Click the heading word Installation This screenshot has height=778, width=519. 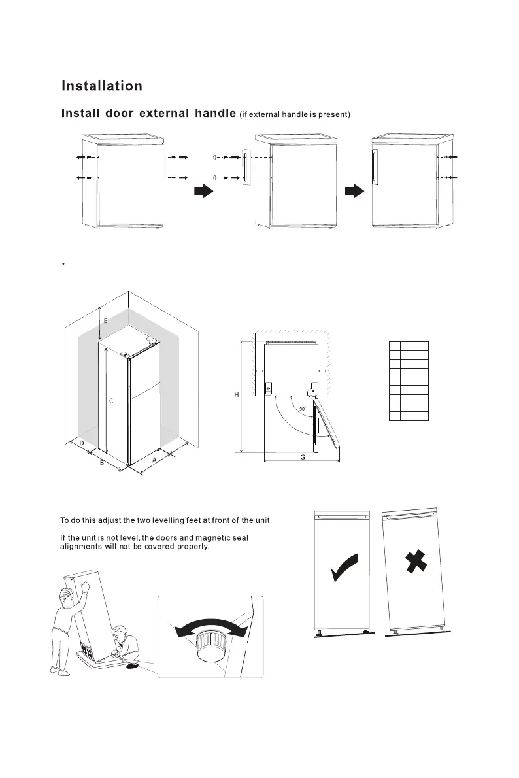(x=101, y=86)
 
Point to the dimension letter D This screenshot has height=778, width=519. (x=81, y=443)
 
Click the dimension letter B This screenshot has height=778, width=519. (x=101, y=464)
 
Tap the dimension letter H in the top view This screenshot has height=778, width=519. (x=236, y=394)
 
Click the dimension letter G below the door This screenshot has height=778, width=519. (x=303, y=457)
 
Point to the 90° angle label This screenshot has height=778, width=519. (x=302, y=409)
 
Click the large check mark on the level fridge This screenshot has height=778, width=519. (x=344, y=567)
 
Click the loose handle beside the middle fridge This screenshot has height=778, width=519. (x=245, y=167)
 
